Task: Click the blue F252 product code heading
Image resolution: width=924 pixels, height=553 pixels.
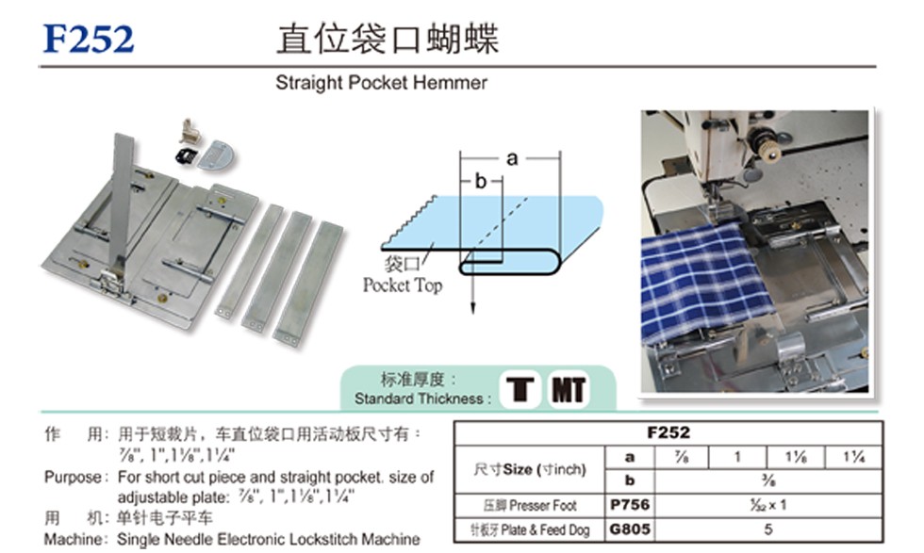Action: click(x=89, y=39)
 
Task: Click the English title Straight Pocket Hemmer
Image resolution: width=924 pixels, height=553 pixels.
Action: click(x=381, y=83)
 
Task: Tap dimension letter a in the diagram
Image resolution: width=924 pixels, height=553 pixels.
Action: click(x=512, y=158)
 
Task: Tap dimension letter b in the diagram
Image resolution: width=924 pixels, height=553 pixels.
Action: click(x=481, y=182)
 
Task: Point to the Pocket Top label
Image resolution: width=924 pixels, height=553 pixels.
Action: click(x=403, y=285)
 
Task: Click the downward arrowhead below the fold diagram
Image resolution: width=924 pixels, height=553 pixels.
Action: click(x=472, y=307)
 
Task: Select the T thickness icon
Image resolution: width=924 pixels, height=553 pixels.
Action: click(x=520, y=389)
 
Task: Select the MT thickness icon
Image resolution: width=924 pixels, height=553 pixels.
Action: click(x=568, y=389)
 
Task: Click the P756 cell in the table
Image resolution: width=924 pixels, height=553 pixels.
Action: click(x=630, y=505)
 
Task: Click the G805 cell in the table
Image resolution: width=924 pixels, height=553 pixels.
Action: click(x=630, y=529)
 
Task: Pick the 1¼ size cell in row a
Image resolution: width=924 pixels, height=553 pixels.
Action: click(x=853, y=457)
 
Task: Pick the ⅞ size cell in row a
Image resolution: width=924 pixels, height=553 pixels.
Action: click(x=681, y=457)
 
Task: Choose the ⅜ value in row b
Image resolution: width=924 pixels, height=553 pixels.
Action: click(x=768, y=480)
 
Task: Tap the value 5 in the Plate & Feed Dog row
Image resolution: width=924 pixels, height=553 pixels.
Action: click(x=768, y=529)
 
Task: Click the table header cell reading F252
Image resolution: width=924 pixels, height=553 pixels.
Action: click(x=668, y=432)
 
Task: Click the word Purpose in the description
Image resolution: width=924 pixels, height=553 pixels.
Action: click(x=73, y=477)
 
